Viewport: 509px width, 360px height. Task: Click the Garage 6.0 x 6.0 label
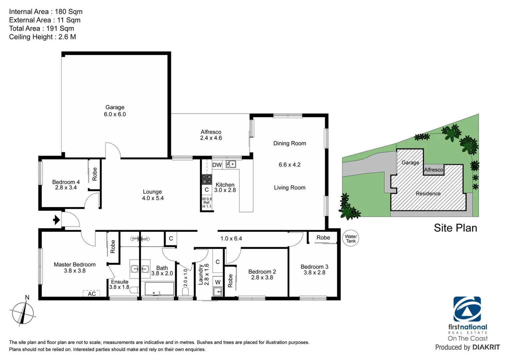tap(115, 111)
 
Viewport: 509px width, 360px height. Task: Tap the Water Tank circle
tap(351, 239)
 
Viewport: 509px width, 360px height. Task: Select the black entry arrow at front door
tap(57, 220)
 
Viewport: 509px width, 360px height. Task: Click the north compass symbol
tap(23, 313)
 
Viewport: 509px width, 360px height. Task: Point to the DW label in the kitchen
tap(217, 165)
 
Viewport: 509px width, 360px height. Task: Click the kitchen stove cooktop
tap(207, 179)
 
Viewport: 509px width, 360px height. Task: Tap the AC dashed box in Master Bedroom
tap(91, 293)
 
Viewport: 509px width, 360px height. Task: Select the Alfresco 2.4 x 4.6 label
tap(211, 135)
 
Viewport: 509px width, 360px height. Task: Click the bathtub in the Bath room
tap(159, 289)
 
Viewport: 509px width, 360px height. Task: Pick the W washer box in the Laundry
tap(218, 282)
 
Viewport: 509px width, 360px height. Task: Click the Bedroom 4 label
tap(66, 185)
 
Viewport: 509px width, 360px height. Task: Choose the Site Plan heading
tap(455, 228)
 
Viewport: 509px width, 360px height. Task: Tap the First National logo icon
tap(467, 309)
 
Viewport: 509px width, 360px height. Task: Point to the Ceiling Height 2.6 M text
tap(42, 37)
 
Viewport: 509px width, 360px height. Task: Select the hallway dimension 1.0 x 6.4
tap(231, 239)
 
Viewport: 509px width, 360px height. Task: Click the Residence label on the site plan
tap(428, 193)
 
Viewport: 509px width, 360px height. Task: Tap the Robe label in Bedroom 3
tap(323, 238)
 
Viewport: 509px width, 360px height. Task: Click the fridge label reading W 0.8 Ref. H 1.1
tap(207, 203)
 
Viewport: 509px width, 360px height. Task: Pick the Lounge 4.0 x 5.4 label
tap(153, 195)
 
